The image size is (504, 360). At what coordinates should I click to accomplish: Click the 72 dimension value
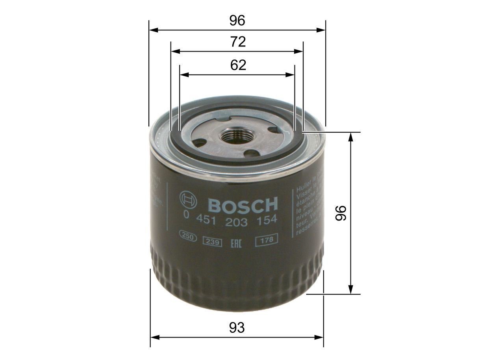tap(237, 42)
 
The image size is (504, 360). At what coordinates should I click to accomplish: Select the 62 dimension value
tap(238, 65)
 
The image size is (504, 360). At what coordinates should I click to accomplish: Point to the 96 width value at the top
tap(237, 20)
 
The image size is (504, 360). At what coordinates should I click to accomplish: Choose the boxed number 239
tap(212, 241)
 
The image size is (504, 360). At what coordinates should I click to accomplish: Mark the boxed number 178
tap(267, 239)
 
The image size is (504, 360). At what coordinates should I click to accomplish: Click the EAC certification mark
tap(235, 241)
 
